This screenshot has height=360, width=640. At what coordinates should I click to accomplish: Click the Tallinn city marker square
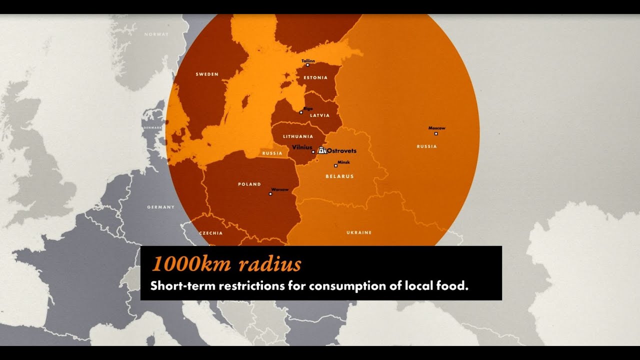click(307, 65)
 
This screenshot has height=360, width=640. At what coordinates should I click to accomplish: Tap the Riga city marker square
click(301, 112)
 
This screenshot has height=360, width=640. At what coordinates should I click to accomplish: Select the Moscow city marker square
click(436, 133)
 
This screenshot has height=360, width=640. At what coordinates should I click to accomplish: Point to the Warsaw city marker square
click(270, 194)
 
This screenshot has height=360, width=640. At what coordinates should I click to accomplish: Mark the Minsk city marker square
click(335, 166)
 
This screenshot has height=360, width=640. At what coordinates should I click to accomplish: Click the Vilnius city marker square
click(313, 152)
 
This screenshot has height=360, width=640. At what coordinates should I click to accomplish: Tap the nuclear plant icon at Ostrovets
click(322, 150)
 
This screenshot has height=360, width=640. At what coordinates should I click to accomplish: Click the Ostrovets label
click(341, 150)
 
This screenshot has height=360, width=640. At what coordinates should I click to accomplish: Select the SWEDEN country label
click(207, 74)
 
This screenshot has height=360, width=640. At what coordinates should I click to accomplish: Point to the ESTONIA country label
click(315, 77)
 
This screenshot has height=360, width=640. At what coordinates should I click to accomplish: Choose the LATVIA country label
click(320, 115)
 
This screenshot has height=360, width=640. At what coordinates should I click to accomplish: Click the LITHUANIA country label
click(298, 136)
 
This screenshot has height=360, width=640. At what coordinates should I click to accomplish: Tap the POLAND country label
click(249, 184)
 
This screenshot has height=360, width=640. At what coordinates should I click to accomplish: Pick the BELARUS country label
click(339, 176)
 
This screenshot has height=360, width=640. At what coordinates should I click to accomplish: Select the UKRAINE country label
click(359, 232)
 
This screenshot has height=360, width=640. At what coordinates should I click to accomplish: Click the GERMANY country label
click(161, 206)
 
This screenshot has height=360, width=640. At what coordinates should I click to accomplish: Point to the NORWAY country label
click(156, 34)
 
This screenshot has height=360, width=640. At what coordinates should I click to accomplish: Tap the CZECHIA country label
click(211, 233)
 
